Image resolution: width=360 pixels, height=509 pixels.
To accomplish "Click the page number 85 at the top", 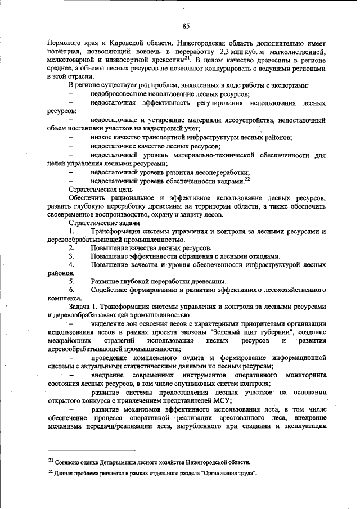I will (x=186, y=25).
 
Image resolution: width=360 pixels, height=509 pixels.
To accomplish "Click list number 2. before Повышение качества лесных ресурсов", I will (x=71, y=248).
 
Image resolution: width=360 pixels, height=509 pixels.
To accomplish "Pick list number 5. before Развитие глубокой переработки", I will (x=71, y=281).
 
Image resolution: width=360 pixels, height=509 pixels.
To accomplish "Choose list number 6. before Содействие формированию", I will (x=71, y=290).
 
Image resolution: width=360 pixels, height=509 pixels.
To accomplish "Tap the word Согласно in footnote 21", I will (x=70, y=462).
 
